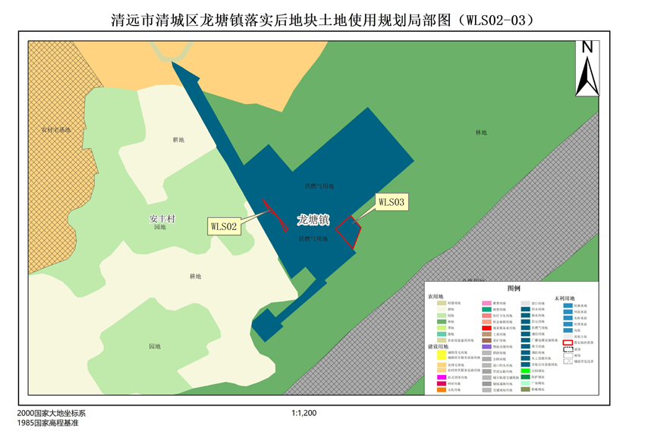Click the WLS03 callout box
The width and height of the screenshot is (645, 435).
(392, 202)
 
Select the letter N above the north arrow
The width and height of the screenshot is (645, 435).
(587, 47)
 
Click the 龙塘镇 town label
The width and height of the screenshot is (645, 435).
(313, 220)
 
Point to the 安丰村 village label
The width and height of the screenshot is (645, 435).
(162, 219)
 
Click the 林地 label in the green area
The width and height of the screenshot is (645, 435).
(481, 133)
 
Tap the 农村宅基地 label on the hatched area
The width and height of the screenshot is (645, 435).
(55, 130)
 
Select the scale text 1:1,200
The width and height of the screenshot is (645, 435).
(304, 414)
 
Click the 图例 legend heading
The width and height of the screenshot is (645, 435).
(514, 288)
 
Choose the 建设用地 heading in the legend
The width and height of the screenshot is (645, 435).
(438, 346)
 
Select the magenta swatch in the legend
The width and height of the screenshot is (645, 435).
(442, 377)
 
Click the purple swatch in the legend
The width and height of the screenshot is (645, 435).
(486, 346)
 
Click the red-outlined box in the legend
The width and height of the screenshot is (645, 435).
(568, 343)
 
